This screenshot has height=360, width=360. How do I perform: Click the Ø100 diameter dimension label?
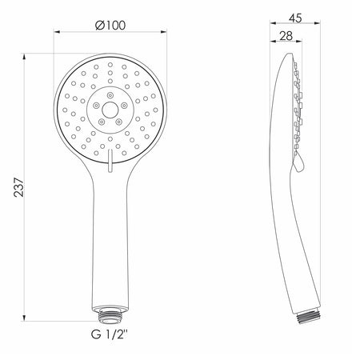pyautogui.click(x=110, y=26)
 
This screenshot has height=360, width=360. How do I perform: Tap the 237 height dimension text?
pyautogui.click(x=19, y=187)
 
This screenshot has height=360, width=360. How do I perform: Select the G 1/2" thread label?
pyautogui.click(x=110, y=334)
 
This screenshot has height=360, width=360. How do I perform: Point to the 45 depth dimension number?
pyautogui.click(x=295, y=18)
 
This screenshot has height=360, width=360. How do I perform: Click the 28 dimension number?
pyautogui.click(x=286, y=36)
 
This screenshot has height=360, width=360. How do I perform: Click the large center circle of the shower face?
pyautogui.click(x=110, y=110)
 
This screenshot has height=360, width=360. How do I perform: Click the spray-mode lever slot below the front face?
pyautogui.click(x=110, y=160)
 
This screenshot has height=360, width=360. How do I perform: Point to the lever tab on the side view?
pyautogui.click(x=298, y=163)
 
